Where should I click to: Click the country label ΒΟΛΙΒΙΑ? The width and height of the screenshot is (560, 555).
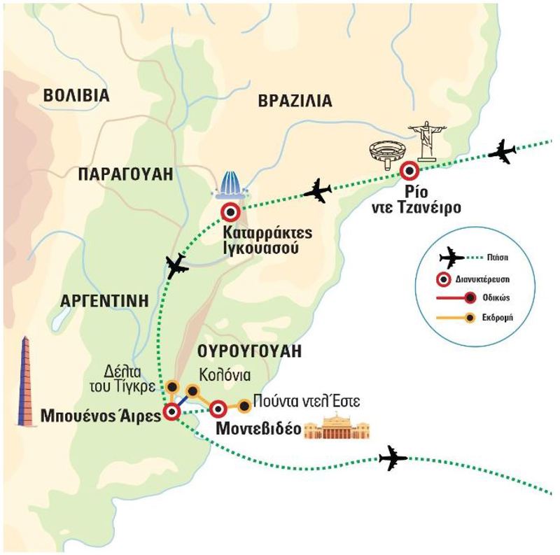(x=76, y=95)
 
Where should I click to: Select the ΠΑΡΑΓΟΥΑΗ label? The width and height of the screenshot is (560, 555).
(x=125, y=174)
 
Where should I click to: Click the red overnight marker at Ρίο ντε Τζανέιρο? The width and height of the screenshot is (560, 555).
(x=408, y=171)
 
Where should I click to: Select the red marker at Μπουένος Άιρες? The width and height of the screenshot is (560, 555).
(x=171, y=412)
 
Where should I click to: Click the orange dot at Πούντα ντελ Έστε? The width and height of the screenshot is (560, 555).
(x=244, y=405)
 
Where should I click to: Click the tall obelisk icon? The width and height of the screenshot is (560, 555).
(x=26, y=381)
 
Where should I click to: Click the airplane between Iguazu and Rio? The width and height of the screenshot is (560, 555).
(x=318, y=190)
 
